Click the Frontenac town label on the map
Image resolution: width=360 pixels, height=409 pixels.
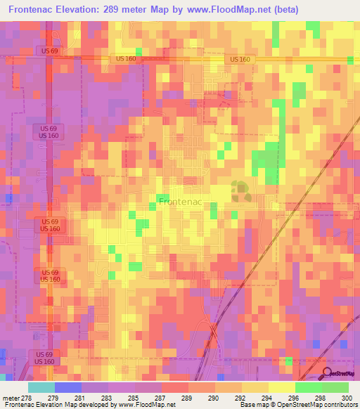coord(180,202)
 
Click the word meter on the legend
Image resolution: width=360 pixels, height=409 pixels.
coord(11,398)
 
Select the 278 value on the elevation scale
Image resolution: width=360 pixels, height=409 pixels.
coord(27,398)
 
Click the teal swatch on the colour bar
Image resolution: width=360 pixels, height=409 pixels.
coord(41,387)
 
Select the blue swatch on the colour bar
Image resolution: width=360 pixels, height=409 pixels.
coord(67,387)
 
